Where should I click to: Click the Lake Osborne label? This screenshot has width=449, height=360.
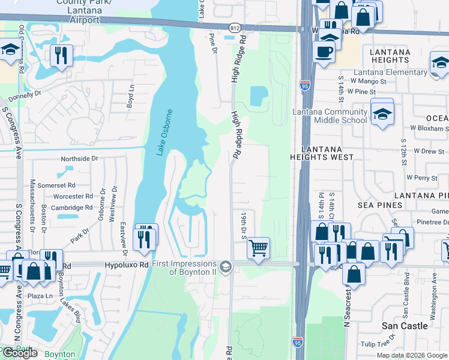(166, 133)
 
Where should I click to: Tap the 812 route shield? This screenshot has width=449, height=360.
(235, 28)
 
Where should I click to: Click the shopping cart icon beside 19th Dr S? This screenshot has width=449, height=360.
(258, 247)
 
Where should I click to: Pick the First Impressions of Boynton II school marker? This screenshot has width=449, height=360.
(226, 266)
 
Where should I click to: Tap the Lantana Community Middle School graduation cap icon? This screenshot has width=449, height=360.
(382, 113)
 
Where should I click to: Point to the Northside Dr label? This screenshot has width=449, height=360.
(79, 159)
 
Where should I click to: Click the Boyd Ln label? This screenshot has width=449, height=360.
(129, 96)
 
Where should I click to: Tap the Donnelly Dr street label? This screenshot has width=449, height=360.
(25, 94)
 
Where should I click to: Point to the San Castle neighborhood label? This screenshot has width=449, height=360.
(405, 326)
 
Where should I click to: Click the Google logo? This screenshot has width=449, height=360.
(20, 353)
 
